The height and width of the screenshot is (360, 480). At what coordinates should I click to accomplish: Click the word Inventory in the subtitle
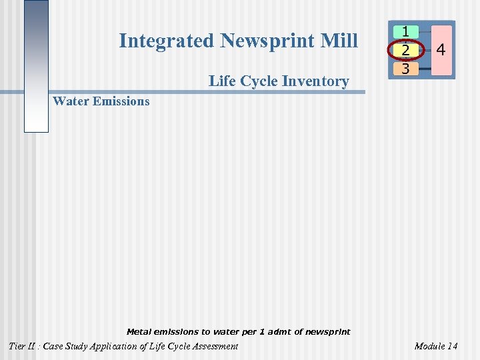317,81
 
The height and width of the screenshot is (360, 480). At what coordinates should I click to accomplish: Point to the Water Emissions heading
101,101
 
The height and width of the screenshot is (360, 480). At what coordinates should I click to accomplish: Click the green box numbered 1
405,31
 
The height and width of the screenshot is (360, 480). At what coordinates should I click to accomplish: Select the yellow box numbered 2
405,50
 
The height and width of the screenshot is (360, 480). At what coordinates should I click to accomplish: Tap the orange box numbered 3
405,68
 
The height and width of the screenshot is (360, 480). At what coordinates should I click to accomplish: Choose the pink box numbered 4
441,50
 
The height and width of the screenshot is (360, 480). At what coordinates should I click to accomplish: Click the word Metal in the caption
139,331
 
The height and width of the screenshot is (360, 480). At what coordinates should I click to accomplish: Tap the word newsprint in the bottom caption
327,331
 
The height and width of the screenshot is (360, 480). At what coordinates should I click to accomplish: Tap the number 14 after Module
452,346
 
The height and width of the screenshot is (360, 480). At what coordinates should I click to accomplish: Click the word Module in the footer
429,346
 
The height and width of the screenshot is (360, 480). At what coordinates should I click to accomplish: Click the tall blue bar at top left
36,67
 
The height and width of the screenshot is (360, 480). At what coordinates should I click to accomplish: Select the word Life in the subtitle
221,81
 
